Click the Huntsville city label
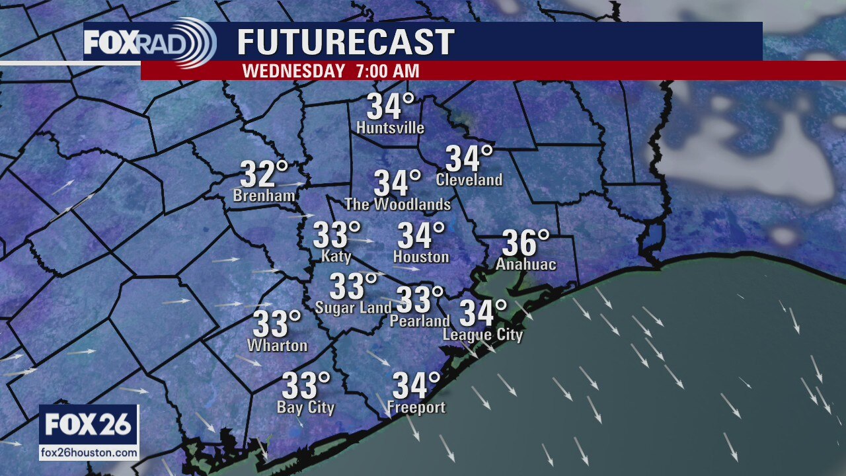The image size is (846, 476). coord(390,128)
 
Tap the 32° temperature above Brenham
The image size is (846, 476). coord(264,175)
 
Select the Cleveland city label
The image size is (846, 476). coord(469,180)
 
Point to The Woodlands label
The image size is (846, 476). coord(398,204)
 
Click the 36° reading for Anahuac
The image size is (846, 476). coord(525,243)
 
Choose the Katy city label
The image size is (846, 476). coord(336,257)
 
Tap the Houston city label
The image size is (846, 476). coord(421,257)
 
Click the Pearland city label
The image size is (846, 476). coord(420,321)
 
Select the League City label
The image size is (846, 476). coord(482,335)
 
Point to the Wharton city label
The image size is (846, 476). coord(277,345)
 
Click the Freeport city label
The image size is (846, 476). coord(416,407)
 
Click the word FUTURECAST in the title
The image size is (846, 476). coord(346,42)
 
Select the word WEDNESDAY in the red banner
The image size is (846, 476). coord(293,71)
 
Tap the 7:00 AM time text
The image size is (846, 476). coord(387,71)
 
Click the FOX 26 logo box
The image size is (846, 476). coord(89,424)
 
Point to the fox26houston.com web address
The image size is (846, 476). coord(89,454)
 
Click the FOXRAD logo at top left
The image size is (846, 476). coord(149,42)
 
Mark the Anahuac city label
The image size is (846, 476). coord(526,265)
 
